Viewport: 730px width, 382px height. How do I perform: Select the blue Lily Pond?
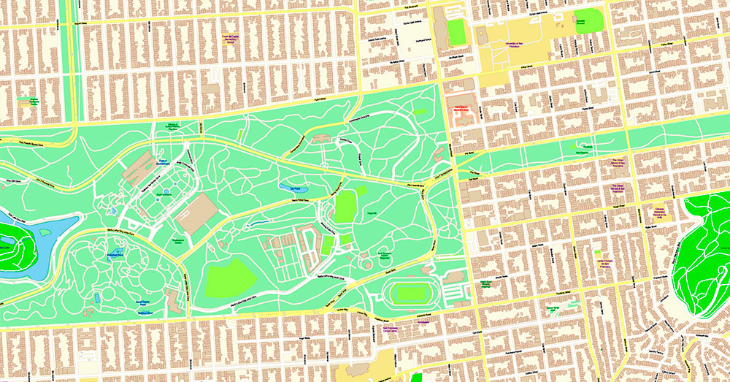pos(294,188)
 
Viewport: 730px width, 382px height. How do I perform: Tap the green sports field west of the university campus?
pos(456,30)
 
